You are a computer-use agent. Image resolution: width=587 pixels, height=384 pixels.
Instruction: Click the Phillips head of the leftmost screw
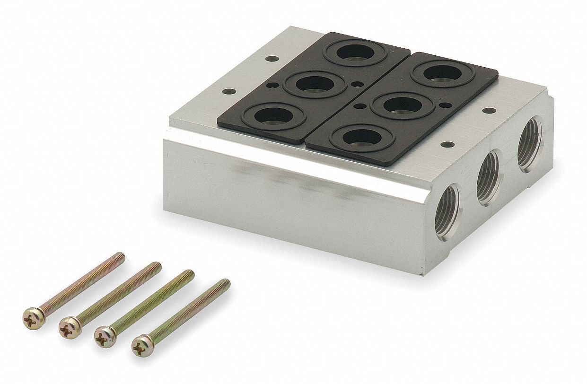click(34, 318)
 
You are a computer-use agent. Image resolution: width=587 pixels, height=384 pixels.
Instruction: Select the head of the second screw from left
click(70, 326)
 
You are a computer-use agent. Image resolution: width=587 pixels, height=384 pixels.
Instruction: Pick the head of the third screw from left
click(105, 336)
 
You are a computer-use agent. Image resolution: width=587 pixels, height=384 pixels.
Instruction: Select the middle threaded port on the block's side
click(488, 177)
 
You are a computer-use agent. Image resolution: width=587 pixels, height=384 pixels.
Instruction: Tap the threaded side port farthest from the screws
click(528, 144)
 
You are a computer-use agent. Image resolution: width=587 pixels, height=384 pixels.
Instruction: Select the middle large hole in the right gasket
click(403, 105)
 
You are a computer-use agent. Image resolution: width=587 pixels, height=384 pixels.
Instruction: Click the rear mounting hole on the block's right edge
click(487, 111)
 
